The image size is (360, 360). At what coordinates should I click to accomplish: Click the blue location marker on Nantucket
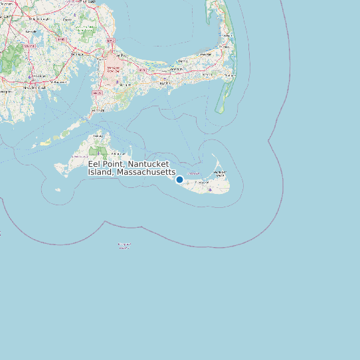point(179,179)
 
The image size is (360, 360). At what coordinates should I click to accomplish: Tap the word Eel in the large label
point(96,163)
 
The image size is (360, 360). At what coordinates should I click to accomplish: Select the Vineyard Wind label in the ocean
point(124,245)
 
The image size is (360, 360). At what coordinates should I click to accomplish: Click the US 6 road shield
point(142,69)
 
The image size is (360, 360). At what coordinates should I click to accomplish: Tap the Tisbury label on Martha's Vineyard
point(99,135)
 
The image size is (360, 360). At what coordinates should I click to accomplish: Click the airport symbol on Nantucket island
point(211,189)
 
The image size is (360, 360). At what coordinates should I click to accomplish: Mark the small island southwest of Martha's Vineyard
point(58,190)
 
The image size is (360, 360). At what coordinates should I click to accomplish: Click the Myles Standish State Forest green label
point(85,29)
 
